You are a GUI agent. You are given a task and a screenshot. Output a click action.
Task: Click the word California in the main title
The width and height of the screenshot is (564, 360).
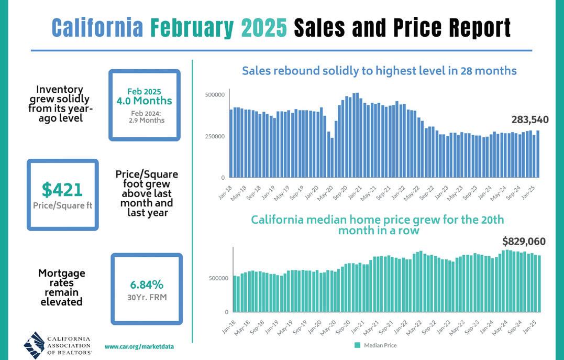(97, 28)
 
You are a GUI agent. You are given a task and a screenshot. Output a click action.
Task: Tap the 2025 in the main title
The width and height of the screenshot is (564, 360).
(263, 28)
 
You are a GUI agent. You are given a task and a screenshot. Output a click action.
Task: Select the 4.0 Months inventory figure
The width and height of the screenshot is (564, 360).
(144, 101)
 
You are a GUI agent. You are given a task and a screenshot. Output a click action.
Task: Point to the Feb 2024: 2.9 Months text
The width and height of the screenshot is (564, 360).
(146, 117)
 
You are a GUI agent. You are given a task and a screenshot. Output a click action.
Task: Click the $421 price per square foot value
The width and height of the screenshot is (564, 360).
(62, 189)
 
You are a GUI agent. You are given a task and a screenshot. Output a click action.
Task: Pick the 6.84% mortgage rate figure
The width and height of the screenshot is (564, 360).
(147, 285)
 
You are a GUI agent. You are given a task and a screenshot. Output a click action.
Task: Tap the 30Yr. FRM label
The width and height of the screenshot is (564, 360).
(147, 297)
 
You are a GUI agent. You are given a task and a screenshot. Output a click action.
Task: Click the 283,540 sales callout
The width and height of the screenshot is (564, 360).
(530, 119)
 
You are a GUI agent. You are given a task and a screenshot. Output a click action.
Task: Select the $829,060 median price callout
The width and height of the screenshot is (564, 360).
(524, 241)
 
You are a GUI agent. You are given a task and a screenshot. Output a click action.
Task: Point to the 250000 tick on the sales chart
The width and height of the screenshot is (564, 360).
(215, 136)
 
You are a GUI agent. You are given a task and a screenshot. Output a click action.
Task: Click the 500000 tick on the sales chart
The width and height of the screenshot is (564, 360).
(215, 95)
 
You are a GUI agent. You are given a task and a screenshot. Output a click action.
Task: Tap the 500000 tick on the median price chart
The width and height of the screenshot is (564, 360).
(218, 278)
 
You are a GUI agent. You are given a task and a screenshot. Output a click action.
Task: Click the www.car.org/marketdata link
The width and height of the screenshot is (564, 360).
(139, 347)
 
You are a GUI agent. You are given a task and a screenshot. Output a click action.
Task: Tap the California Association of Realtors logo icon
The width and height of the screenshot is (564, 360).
(34, 345)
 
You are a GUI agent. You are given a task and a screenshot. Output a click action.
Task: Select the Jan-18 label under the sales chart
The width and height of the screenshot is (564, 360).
(225, 193)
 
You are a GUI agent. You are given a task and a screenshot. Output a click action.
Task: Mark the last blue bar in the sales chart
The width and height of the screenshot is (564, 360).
(538, 154)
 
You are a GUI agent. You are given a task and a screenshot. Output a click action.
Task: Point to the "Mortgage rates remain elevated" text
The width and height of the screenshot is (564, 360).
(61, 287)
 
